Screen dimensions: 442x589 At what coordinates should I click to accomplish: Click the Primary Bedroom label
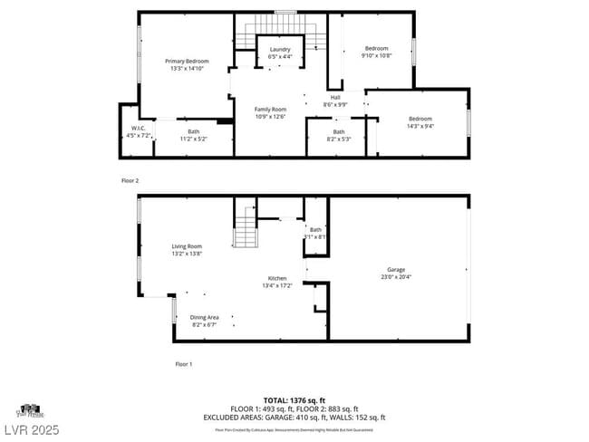[187, 61]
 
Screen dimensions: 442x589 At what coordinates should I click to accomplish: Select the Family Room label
[270, 110]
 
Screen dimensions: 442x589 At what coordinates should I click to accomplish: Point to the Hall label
[335, 97]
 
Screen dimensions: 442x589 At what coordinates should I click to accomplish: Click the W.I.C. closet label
[139, 129]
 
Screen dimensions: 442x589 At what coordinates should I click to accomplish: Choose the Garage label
[396, 269]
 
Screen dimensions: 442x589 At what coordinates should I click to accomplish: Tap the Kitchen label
[277, 278]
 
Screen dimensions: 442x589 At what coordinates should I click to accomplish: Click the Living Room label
[187, 246]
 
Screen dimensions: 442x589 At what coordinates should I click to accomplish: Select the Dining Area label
[204, 317]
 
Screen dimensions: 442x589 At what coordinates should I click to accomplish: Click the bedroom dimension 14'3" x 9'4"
[420, 127]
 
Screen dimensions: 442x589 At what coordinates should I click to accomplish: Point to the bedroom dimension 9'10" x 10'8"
[376, 56]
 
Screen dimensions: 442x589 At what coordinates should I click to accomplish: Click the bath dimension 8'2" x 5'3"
[338, 139]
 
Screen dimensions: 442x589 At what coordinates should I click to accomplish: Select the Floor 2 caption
[130, 181]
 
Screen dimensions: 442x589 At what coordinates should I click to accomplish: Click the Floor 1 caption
[184, 364]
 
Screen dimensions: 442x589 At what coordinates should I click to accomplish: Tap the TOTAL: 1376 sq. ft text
[294, 399]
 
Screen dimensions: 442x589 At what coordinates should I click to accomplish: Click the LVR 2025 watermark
[30, 428]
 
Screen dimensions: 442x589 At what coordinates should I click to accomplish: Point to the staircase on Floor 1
[246, 226]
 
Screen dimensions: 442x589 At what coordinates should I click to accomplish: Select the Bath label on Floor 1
[315, 230]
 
